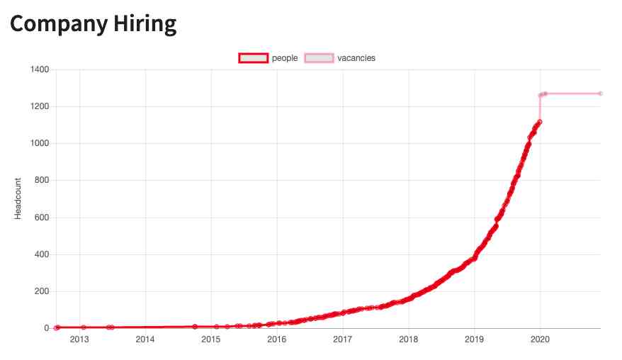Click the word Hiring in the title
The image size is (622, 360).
coord(144,23)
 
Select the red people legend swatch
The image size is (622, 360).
coord(253,58)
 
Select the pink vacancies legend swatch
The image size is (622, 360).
coord(319,58)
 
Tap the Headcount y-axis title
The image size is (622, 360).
coord(19,198)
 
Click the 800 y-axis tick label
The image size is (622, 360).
coord(41,180)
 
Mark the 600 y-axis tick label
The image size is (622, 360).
coord(41,218)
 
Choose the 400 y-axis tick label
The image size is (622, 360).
coord(41,254)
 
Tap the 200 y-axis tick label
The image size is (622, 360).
coord(41,291)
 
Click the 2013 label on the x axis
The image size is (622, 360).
coord(79,339)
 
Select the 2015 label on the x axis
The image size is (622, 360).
coord(211,339)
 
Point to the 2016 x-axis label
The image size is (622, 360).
coord(277,339)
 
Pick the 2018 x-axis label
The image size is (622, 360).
coord(408,339)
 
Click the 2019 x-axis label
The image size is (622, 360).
coord(474,339)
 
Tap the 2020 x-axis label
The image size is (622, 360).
coord(540,339)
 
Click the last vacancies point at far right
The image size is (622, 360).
coord(600,94)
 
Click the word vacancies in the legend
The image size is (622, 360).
coord(356,58)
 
